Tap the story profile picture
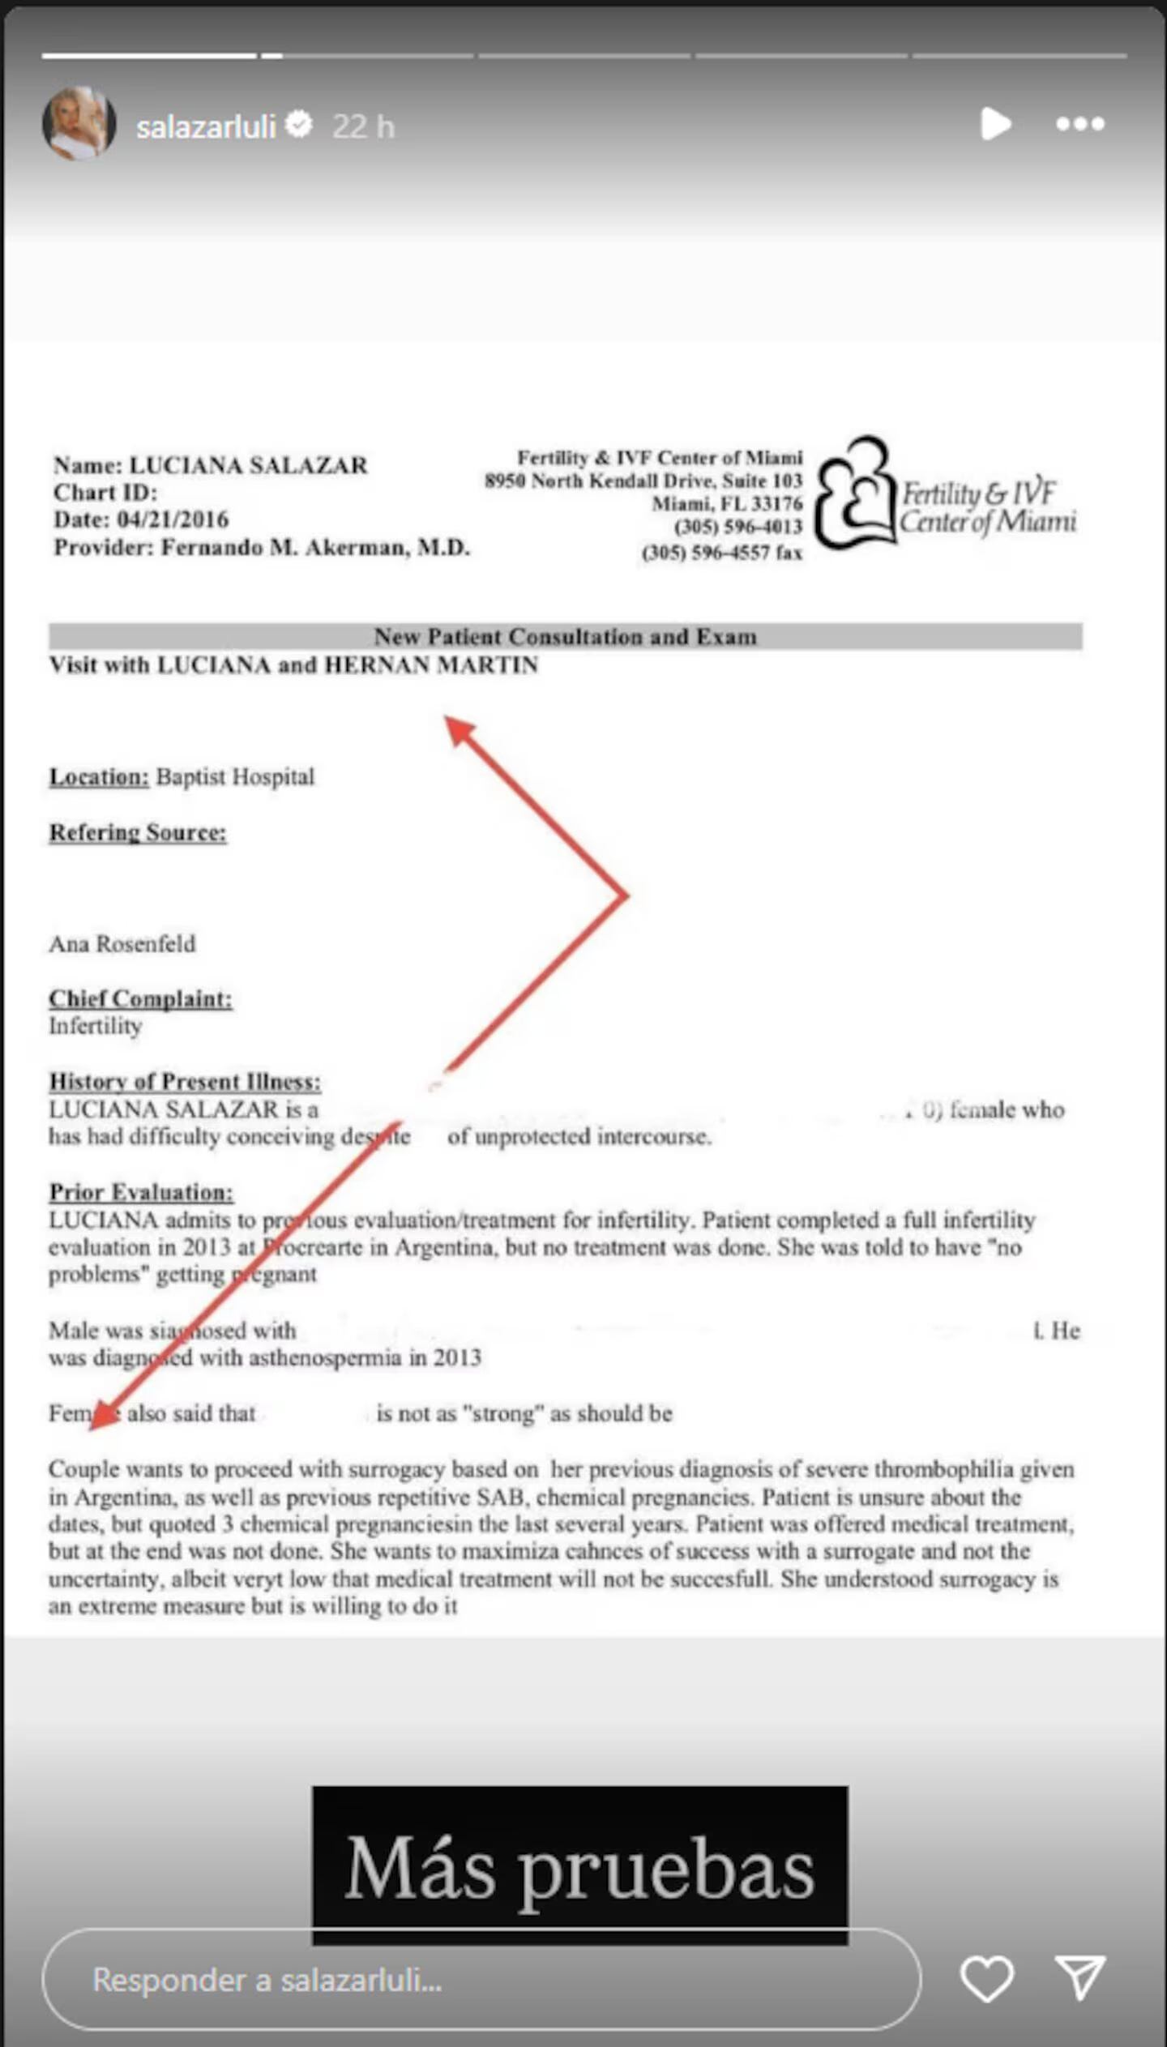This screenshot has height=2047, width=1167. click(x=79, y=124)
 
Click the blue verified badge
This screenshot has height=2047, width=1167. click(x=299, y=125)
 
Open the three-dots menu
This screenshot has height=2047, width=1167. click(x=1079, y=124)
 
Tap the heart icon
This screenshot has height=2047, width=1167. click(x=986, y=1978)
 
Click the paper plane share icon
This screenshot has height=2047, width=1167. click(x=1079, y=1978)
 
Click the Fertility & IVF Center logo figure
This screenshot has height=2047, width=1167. click(x=855, y=493)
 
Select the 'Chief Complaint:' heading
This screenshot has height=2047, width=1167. click(x=140, y=998)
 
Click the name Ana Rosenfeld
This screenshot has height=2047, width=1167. click(x=122, y=944)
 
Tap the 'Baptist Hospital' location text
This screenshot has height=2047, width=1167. click(x=234, y=776)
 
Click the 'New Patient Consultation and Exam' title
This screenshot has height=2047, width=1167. click(x=565, y=637)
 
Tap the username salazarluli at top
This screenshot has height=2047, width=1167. click(x=206, y=126)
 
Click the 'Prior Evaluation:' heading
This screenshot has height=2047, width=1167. click(x=141, y=1192)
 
